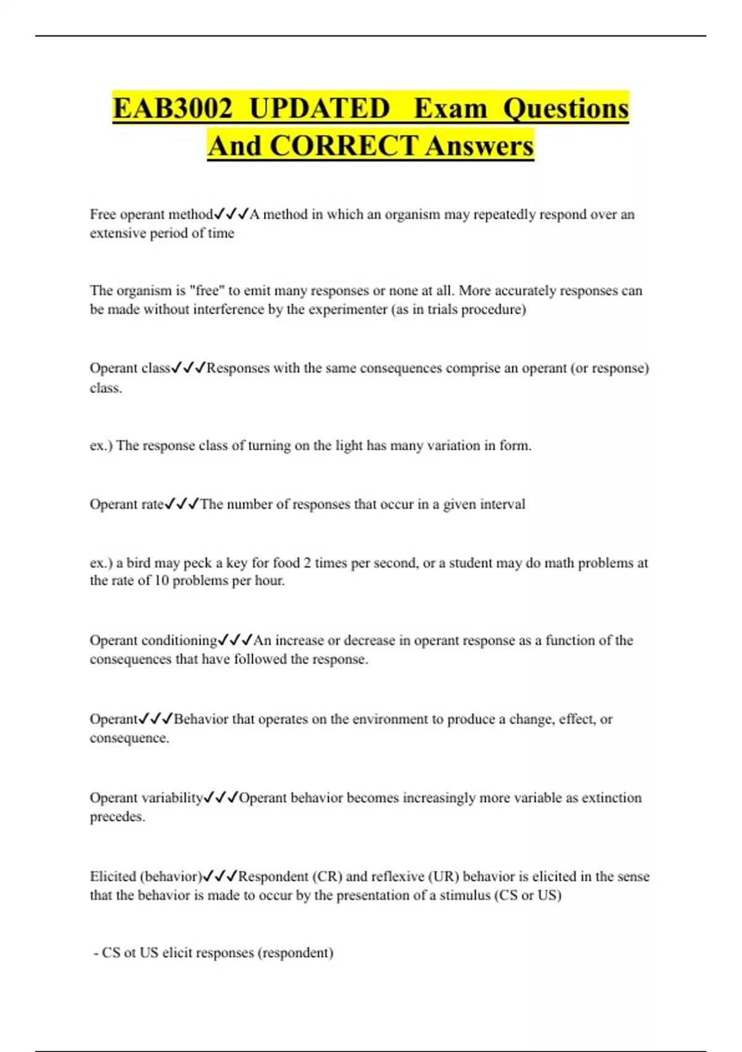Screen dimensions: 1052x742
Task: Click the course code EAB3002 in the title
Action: pyautogui.click(x=173, y=108)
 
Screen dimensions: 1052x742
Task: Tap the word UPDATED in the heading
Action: pyautogui.click(x=319, y=108)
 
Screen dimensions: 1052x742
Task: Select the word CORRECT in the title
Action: pyautogui.click(x=343, y=146)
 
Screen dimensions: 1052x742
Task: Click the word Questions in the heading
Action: pyautogui.click(x=565, y=108)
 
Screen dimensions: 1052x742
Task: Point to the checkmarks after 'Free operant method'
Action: pyautogui.click(x=231, y=214)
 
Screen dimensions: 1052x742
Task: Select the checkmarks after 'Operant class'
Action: pyautogui.click(x=189, y=368)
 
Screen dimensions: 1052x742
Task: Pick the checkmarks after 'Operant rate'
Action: pyautogui.click(x=182, y=504)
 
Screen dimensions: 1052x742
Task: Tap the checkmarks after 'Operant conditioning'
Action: pyautogui.click(x=236, y=640)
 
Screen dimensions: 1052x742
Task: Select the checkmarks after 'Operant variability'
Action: pyautogui.click(x=221, y=797)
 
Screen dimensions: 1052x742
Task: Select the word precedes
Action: pyautogui.click(x=117, y=816)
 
